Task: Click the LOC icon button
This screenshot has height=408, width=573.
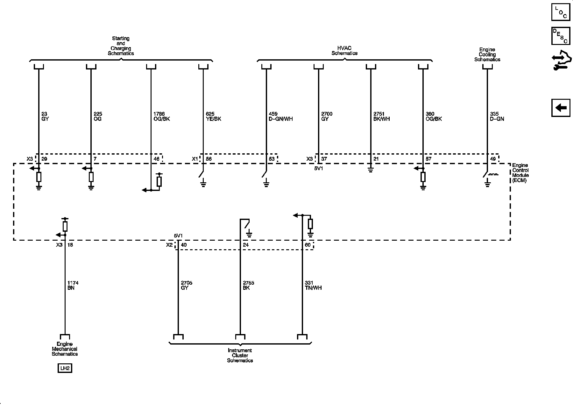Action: [x=561, y=12]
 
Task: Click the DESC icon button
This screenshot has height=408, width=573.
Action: [x=561, y=36]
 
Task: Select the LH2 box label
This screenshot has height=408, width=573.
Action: [x=65, y=368]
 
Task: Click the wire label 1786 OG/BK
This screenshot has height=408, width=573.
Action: [x=161, y=116]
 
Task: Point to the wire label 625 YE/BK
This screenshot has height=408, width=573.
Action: [x=213, y=116]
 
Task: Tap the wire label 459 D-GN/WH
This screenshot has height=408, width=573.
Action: [x=280, y=116]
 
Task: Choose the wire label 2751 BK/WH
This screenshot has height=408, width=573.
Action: [x=381, y=116]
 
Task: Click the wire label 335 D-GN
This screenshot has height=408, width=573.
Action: [x=497, y=116]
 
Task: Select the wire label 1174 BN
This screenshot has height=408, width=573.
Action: [x=73, y=285]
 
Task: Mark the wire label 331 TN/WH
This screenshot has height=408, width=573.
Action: [x=313, y=285]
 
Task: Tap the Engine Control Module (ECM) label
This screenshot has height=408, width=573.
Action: [x=520, y=173]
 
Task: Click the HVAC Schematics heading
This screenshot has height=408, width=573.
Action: [x=344, y=51]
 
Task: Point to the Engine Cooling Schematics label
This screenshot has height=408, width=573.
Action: [x=487, y=55]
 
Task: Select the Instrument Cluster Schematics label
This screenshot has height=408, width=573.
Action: [x=240, y=355]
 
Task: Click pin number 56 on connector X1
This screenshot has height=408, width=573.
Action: [x=209, y=159]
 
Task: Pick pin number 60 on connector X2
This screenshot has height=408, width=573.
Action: [x=308, y=245]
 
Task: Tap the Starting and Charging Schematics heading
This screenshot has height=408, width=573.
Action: [x=121, y=46]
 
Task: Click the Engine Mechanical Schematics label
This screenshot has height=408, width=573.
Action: [x=65, y=349]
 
